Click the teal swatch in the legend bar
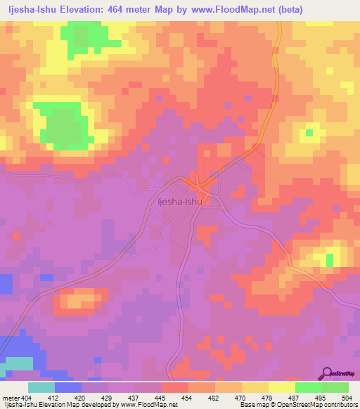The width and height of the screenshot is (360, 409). click(41, 387)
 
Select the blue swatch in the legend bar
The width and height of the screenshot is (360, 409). click(68, 387)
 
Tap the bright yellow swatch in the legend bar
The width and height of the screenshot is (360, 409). click(281, 387)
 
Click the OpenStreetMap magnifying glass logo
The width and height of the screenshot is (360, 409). click(328, 374)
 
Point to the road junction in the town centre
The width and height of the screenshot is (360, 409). click(200, 186)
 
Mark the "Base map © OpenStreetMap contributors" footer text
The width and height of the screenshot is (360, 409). click(298, 405)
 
